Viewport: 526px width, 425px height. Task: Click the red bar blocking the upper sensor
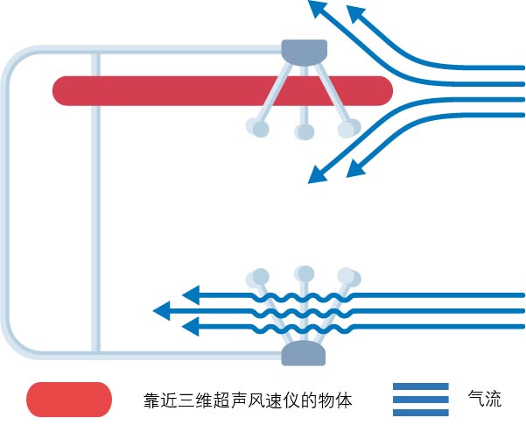point(175,89)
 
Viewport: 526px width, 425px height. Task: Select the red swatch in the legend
point(69,400)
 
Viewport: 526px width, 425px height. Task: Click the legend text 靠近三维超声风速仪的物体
point(248,400)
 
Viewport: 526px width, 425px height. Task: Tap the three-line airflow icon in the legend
point(420,400)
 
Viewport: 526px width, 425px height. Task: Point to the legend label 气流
point(486,400)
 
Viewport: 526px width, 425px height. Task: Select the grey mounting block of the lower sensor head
point(303,354)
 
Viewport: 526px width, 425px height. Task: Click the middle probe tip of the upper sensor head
point(304,132)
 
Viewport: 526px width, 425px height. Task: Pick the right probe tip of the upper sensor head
point(348,129)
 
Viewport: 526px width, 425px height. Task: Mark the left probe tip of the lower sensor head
point(258,277)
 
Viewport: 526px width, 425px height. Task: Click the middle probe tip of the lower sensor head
point(304,272)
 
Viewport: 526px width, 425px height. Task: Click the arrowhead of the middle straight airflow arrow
point(162,310)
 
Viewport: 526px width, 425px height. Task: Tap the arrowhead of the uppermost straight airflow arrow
point(190,294)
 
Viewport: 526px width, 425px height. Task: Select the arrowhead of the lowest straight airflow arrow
point(190,327)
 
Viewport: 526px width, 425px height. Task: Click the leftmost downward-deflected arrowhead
point(317,176)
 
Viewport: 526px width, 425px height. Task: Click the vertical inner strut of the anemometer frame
point(95,202)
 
